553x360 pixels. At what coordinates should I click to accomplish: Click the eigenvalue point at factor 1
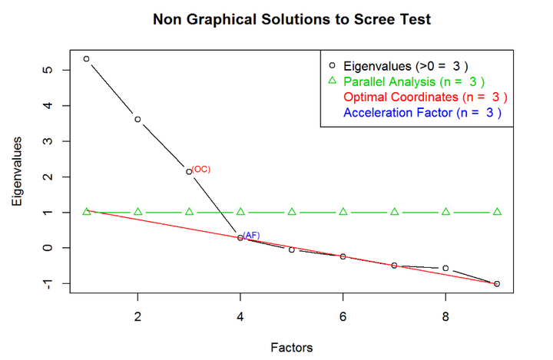coord(86,58)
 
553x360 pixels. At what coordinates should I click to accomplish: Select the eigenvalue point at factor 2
coord(137,119)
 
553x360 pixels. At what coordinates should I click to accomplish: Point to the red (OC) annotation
coord(200,169)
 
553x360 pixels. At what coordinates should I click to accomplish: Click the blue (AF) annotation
coord(252,235)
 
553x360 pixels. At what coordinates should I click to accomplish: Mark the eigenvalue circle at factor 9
coord(497,284)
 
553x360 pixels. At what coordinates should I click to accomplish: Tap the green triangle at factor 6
coord(343,212)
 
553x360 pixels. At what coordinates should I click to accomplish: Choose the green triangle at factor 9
coord(497,212)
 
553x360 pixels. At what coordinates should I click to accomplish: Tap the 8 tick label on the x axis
coord(445,316)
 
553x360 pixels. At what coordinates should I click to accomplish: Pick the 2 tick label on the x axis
coord(137,316)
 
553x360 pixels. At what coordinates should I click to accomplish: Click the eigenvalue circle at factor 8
coord(445,268)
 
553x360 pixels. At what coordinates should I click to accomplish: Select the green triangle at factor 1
coord(86,212)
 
